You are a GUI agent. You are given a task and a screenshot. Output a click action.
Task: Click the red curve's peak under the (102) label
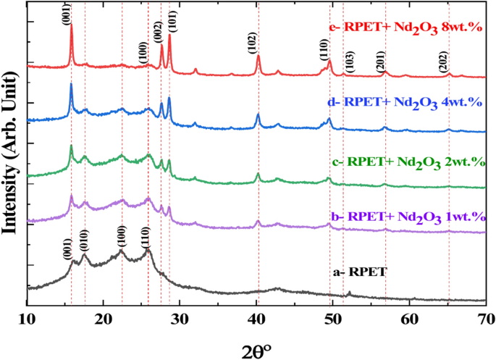click(x=258, y=55)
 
